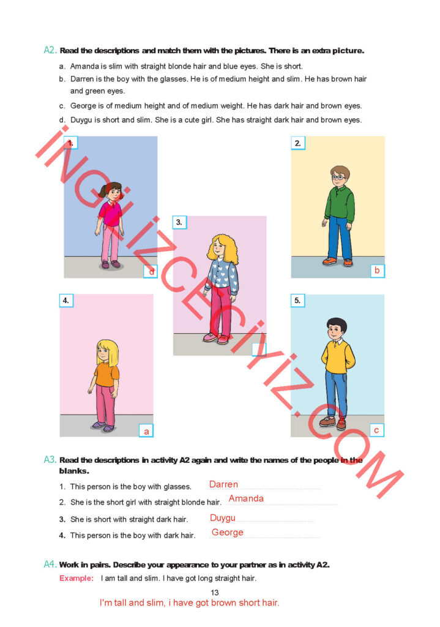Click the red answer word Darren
[223, 484]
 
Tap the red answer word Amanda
[246, 498]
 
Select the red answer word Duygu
[223, 518]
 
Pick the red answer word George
[228, 533]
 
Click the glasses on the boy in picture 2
[338, 176]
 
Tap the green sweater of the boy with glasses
[340, 203]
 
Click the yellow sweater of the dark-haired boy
[338, 357]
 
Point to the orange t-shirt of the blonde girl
[106, 374]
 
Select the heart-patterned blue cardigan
[222, 276]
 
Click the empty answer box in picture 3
[259, 349]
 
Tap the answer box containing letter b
[377, 271]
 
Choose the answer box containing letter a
[146, 431]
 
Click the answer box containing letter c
[376, 430]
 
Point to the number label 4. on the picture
[66, 300]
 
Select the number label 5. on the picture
[297, 301]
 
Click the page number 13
[215, 593]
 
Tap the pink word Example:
[76, 578]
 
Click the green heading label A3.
[50, 459]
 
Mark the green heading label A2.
[50, 50]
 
